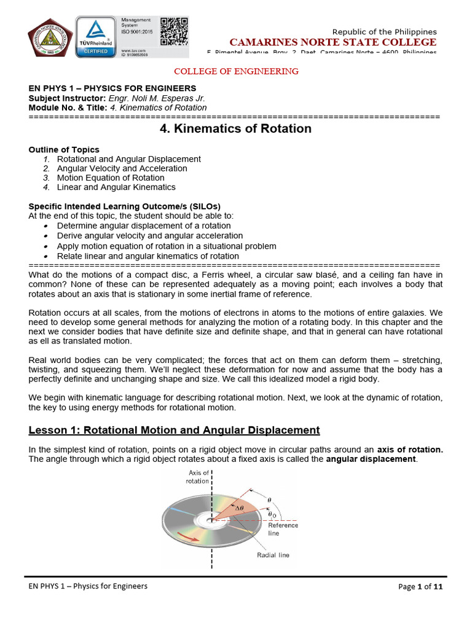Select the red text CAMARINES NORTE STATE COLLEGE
point(332,42)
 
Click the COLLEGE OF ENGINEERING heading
point(236,71)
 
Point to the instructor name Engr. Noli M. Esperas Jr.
point(157,98)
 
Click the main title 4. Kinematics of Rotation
point(236,129)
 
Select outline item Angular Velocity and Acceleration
point(122,168)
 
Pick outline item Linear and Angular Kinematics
point(116,187)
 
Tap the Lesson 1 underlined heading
point(175,430)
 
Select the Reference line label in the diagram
point(283,529)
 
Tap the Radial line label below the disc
point(273,555)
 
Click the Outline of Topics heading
point(64,149)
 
